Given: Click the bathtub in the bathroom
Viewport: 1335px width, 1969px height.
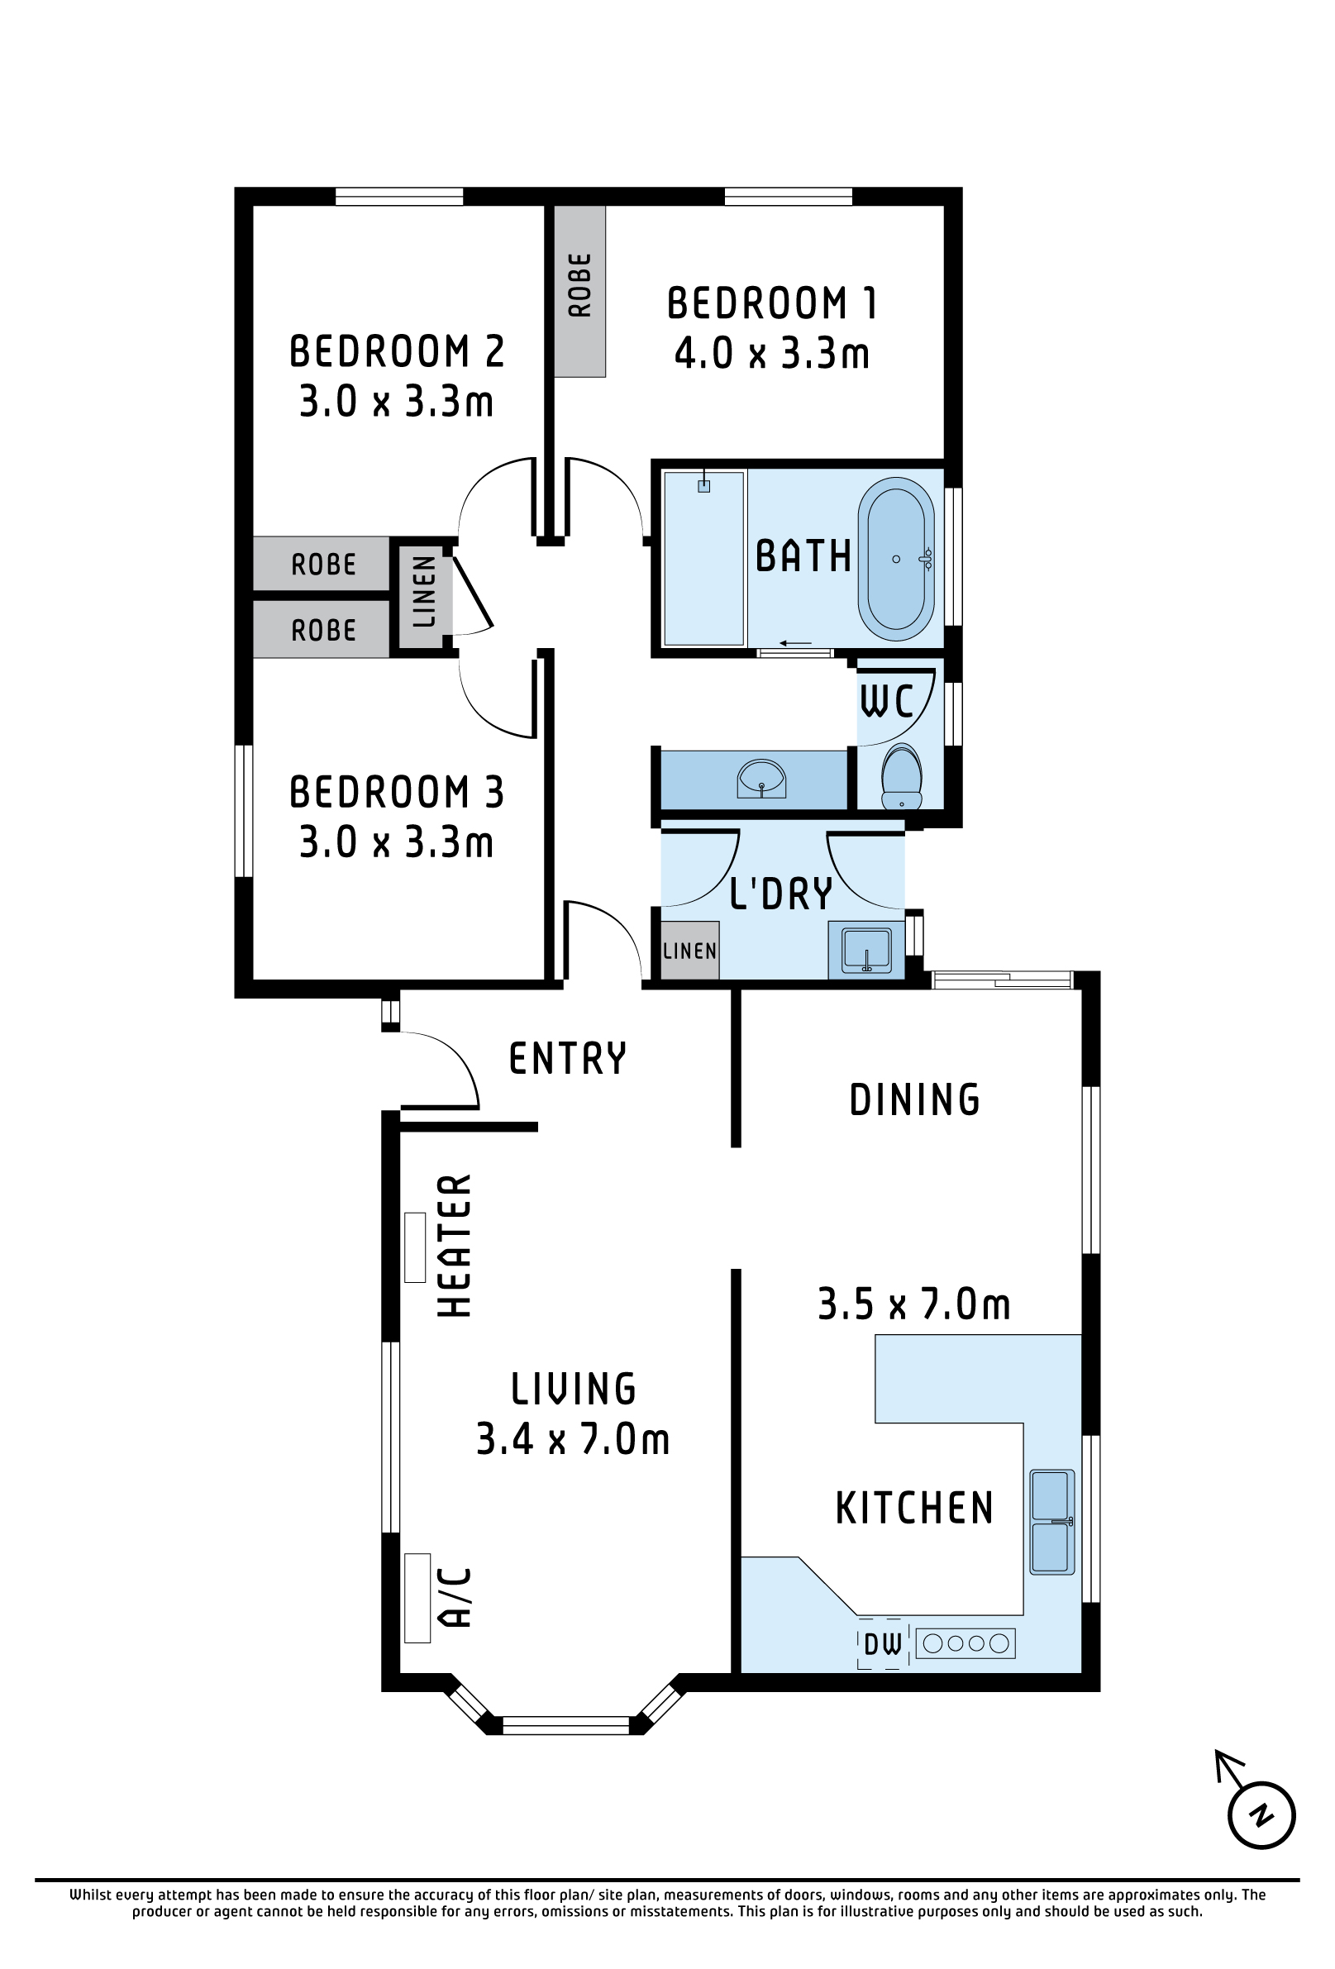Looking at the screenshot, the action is [x=895, y=558].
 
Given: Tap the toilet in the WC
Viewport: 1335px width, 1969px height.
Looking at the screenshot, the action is [x=901, y=776].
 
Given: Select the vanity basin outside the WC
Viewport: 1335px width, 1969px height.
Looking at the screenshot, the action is [x=761, y=779].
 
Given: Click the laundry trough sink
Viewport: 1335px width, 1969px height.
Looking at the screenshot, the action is [x=865, y=950].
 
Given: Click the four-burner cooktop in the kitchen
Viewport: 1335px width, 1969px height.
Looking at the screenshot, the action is [x=965, y=1643].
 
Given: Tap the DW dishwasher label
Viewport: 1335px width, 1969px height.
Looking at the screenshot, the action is [x=883, y=1644].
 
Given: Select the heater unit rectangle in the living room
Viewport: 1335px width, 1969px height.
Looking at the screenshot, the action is [x=414, y=1247].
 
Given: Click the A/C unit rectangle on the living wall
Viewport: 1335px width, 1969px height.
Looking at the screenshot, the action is [x=417, y=1598].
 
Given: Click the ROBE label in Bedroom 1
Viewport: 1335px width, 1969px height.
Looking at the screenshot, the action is [x=579, y=285].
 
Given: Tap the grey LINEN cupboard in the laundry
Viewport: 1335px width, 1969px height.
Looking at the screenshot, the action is [x=689, y=950].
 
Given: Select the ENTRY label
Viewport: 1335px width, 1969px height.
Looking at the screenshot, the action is [x=568, y=1059].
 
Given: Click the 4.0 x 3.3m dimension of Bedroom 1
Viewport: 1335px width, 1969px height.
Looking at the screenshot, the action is [x=772, y=353].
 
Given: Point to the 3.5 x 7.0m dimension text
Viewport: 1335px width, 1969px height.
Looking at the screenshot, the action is [x=914, y=1304].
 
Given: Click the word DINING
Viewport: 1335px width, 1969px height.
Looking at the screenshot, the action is [x=915, y=1099].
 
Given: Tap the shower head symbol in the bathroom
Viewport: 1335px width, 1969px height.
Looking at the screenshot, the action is [x=703, y=483].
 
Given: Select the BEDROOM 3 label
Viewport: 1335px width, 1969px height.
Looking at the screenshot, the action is [x=397, y=792].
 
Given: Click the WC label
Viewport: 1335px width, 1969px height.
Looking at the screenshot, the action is [x=887, y=702].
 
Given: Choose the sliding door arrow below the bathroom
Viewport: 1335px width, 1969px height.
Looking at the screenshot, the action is [x=795, y=643].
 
